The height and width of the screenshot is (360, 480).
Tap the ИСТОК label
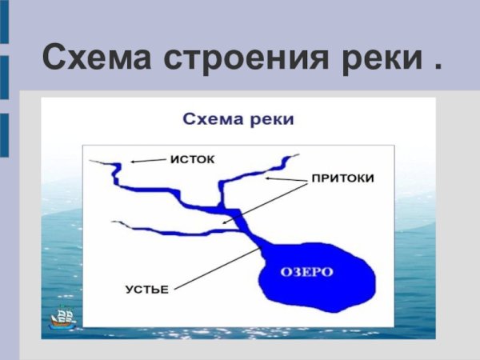coord(192,158)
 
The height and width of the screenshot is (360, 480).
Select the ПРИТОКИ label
coord(342,178)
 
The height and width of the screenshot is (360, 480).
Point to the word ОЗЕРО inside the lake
coord(306,272)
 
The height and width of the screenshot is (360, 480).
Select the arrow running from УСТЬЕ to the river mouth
coord(216,268)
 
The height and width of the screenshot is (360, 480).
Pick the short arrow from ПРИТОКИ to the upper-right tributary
coord(286,181)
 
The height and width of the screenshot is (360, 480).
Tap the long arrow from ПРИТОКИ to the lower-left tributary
coord(264,202)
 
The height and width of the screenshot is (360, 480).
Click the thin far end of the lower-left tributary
coord(114,222)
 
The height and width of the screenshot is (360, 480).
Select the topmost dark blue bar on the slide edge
coord(4,20)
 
